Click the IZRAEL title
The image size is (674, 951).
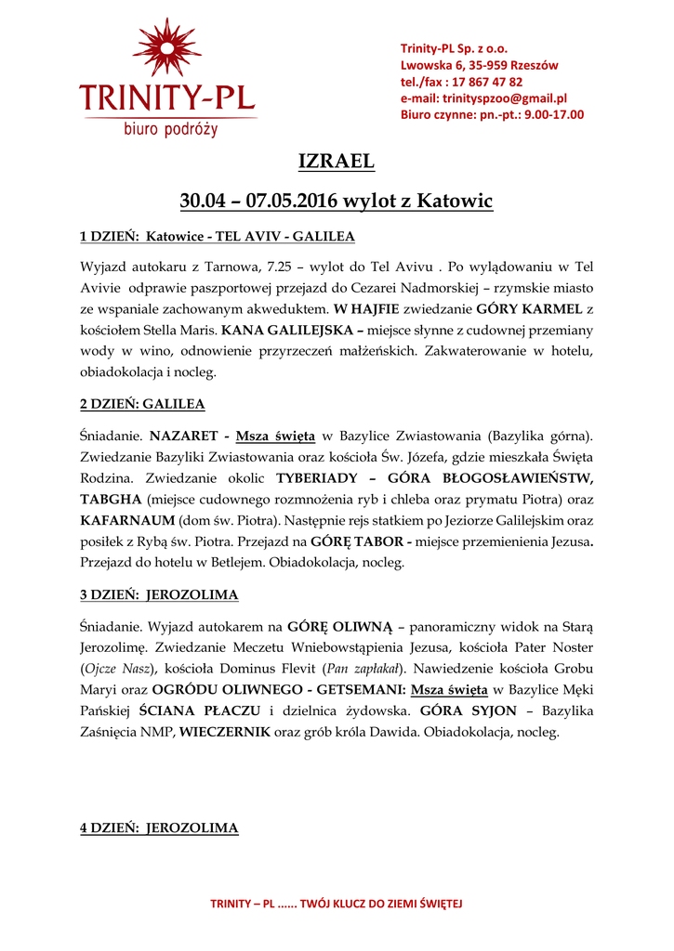337,162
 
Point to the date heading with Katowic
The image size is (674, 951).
337,201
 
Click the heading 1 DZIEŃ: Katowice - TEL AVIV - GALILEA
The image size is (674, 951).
218,236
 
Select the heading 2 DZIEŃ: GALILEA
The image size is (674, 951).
142,404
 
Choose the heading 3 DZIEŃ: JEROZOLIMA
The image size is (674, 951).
159,594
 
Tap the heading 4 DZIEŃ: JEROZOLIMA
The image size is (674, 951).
159,827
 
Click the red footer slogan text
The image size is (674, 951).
337,904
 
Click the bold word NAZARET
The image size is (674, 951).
183,436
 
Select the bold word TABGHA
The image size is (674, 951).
111,500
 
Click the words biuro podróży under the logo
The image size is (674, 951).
171,129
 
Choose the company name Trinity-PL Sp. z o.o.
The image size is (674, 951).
454,48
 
